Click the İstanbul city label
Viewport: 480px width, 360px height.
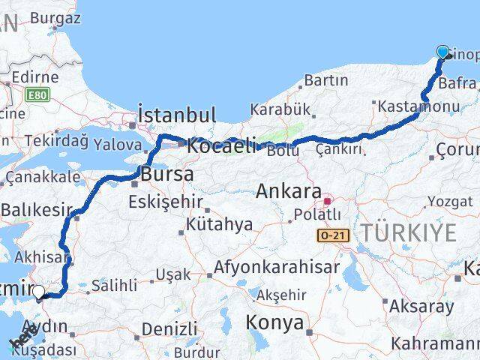177,115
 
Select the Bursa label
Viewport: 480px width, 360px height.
167,174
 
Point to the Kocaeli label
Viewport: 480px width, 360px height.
221,145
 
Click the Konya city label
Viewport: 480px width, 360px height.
274,324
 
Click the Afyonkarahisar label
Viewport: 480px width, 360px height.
276,266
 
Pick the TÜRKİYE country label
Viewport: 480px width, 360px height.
409,232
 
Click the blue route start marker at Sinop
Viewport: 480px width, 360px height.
442,52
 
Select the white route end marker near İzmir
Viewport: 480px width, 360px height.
38,292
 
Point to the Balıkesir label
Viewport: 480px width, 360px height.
35,211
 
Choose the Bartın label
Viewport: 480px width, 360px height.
326,80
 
